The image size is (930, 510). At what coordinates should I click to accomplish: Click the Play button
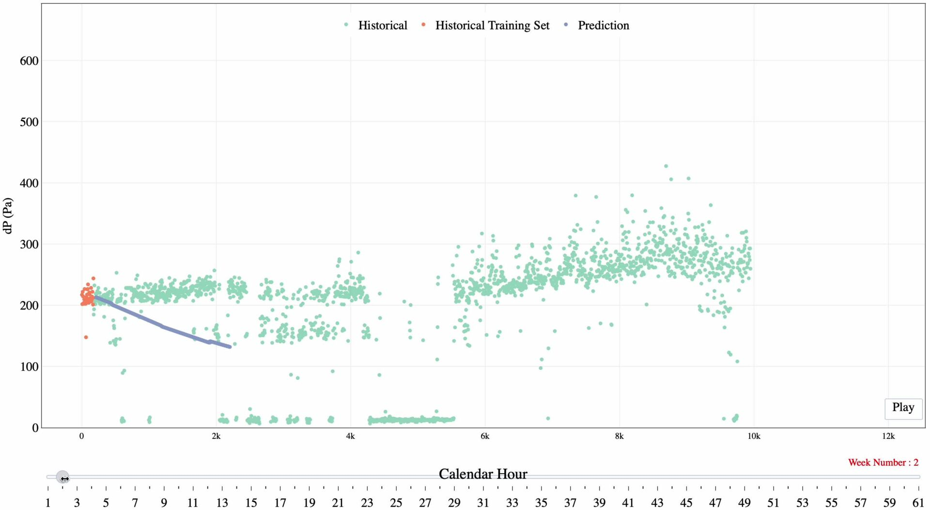(903, 408)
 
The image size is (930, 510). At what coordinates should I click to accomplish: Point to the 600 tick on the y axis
(29, 61)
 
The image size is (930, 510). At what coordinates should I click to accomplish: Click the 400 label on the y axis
(29, 183)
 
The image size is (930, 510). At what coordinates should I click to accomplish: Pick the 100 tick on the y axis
(29, 367)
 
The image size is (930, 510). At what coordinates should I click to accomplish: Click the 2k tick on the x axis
(216, 436)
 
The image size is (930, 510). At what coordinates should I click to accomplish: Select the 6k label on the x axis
(485, 436)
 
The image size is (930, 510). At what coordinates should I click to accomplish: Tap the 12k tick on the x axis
(888, 436)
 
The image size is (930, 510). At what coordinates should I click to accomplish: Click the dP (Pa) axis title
(8, 216)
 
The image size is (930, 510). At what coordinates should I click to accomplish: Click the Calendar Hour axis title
(482, 474)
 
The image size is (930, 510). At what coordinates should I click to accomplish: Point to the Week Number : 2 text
(883, 463)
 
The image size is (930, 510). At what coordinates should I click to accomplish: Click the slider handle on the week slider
(62, 478)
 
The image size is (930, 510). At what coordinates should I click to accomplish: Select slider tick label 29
(454, 503)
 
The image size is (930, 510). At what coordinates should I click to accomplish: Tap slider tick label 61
(918, 503)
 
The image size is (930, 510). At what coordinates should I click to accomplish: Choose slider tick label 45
(686, 503)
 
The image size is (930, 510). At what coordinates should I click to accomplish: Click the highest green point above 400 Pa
(666, 166)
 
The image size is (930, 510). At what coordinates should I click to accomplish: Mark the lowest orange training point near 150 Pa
(86, 337)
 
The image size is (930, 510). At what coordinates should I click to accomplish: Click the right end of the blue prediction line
(229, 347)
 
